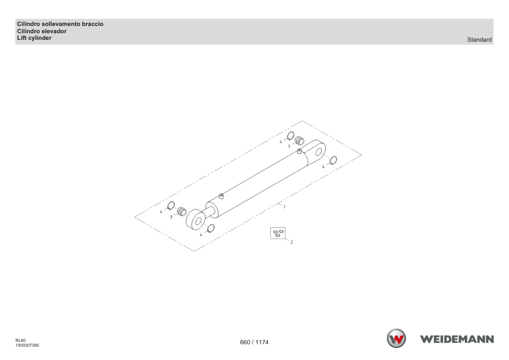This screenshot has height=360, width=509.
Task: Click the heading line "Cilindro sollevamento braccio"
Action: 60,24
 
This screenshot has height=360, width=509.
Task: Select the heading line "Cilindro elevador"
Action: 42,31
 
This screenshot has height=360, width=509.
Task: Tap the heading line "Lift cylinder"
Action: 34,38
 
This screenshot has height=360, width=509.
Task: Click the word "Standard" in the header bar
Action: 479,40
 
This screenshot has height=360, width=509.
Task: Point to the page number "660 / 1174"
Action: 254,342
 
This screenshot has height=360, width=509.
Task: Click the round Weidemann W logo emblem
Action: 396,338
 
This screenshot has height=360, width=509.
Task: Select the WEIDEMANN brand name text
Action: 457,339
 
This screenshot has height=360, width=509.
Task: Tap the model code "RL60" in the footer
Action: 20,341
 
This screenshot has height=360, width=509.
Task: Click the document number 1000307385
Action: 27,346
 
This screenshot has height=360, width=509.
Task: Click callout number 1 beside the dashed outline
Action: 284,207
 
